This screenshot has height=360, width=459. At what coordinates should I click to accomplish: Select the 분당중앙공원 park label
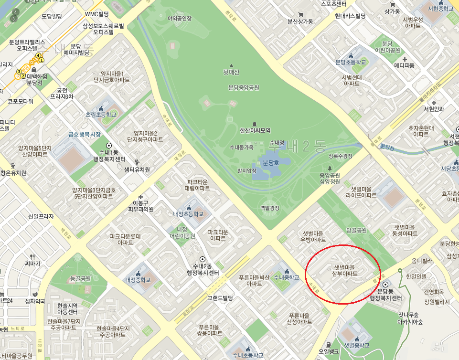[244, 87]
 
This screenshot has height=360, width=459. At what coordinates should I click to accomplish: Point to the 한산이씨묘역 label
[255, 130]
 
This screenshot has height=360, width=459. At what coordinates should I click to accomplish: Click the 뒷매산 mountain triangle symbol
[231, 65]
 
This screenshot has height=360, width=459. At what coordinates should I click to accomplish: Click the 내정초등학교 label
[188, 214]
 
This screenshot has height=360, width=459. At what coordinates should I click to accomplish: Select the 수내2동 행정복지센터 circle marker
[203, 259]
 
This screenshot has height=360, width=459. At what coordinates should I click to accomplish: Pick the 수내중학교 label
[287, 277]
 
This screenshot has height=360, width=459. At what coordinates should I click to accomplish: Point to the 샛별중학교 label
[356, 345]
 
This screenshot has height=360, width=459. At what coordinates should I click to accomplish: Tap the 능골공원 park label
[80, 278]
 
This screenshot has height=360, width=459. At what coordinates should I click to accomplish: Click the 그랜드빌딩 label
[219, 298]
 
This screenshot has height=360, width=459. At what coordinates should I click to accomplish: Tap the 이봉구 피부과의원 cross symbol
[140, 197]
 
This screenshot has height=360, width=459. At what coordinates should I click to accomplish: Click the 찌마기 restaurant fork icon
[33, 256]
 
